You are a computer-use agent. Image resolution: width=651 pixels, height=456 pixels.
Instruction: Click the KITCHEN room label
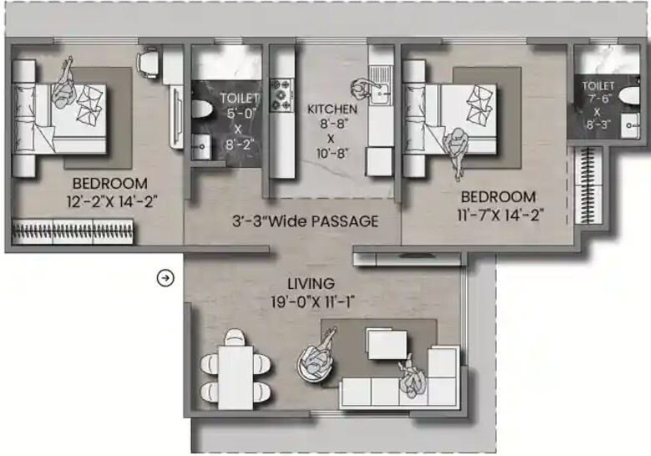(332, 109)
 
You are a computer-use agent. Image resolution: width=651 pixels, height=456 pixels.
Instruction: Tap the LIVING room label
(311, 284)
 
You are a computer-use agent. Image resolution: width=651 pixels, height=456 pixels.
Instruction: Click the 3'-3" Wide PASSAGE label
(305, 222)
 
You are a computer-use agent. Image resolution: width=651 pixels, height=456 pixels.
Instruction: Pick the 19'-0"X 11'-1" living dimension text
(311, 301)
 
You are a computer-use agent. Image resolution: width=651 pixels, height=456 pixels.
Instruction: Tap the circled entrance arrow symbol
(165, 278)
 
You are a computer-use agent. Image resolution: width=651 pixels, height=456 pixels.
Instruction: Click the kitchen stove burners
(284, 94)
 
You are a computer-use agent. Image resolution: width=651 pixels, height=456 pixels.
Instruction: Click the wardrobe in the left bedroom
(73, 231)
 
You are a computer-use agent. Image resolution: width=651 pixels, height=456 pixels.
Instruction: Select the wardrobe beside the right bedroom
(592, 185)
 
